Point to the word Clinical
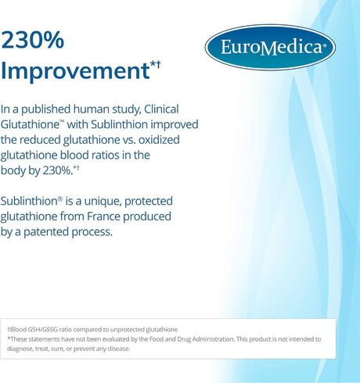[x=176, y=110]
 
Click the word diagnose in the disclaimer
[x=22, y=353]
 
